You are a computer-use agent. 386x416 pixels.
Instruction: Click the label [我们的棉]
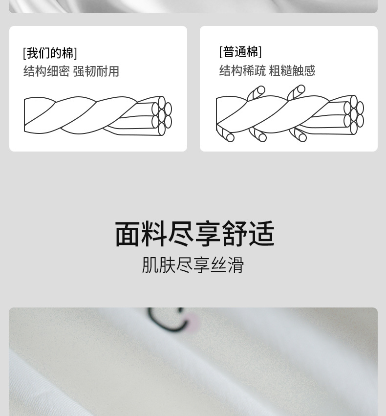coord(50,53)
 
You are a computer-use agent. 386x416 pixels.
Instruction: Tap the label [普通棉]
coord(240,52)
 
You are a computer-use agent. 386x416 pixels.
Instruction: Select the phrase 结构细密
coord(46,71)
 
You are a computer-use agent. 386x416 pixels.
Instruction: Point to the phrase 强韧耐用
coord(96,71)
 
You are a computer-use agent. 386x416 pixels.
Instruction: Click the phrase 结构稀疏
coord(242,70)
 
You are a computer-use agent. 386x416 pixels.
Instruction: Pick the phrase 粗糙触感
coord(292,70)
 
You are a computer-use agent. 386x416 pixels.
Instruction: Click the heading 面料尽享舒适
coord(195,234)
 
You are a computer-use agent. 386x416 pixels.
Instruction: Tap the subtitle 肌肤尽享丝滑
coord(193,265)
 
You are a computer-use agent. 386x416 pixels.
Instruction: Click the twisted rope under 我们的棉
coord(98,116)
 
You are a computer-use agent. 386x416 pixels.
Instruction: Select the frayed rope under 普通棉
coord(290,113)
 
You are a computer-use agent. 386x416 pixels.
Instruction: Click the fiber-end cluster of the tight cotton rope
coord(162,116)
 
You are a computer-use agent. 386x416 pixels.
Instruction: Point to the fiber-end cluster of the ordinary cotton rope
coord(354,115)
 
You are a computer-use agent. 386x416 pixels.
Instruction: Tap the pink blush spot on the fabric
coord(193,322)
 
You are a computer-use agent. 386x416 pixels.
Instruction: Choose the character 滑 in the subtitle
coord(236,265)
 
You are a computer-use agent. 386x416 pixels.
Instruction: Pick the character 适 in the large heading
coord(262,234)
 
